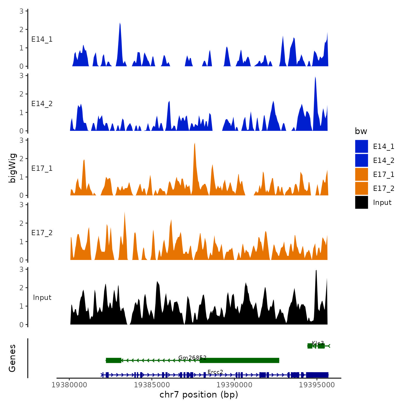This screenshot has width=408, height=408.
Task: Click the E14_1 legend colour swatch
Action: coord(361,146)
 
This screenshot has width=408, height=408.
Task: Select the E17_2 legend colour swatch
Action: coord(361,188)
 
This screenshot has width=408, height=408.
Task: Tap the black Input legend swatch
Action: coord(361,202)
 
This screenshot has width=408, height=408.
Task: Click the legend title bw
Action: coord(361,131)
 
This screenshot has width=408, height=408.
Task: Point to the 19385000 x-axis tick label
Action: coord(152,385)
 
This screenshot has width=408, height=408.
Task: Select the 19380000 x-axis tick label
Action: coord(69,385)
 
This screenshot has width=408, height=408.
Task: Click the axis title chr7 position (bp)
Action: coord(199,395)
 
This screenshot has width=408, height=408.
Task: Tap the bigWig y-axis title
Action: coord(13,168)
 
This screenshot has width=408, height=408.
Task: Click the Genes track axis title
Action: coord(12,358)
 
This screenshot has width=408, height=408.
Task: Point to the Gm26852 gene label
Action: coord(192,358)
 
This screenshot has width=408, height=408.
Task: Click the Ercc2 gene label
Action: coord(215,372)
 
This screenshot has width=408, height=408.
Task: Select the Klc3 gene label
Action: coord(318,343)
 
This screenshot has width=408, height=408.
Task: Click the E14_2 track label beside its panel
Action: coord(42,104)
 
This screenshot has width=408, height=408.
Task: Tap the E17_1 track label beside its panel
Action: coord(42,168)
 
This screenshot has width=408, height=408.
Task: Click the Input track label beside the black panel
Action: coord(42,298)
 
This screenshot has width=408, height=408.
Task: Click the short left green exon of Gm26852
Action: coord(113,360)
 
